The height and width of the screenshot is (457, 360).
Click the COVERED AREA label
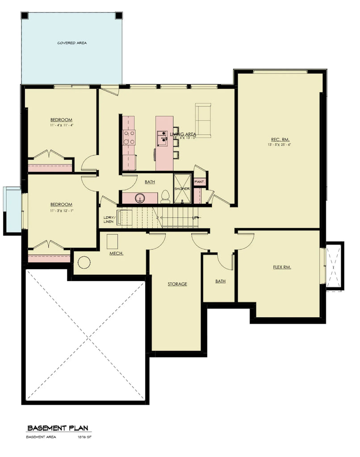coord(72,43)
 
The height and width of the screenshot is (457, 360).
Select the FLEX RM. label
coord(282,267)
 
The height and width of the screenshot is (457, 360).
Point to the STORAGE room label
coord(177,284)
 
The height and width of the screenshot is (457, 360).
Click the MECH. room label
coord(116,253)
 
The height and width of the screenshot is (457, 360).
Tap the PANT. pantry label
coord(200,182)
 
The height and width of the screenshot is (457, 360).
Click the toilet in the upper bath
coord(165,196)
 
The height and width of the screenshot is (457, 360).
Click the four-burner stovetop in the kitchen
coord(130,137)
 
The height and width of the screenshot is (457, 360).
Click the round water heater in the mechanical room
coord(84,262)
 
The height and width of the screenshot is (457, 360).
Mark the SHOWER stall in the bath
coord(182,189)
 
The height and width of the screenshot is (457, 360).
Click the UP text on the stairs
coord(194,218)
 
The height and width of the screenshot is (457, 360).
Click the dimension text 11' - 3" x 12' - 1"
coord(61,210)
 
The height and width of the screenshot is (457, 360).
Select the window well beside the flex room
coord(334,266)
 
